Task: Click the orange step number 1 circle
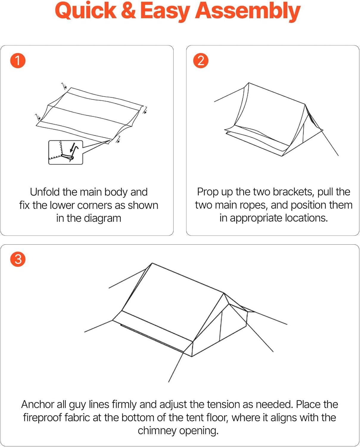point(18,61)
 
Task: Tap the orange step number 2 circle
point(201,61)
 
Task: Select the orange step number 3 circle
point(18,259)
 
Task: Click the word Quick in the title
point(86,11)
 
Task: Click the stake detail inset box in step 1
point(66,153)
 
